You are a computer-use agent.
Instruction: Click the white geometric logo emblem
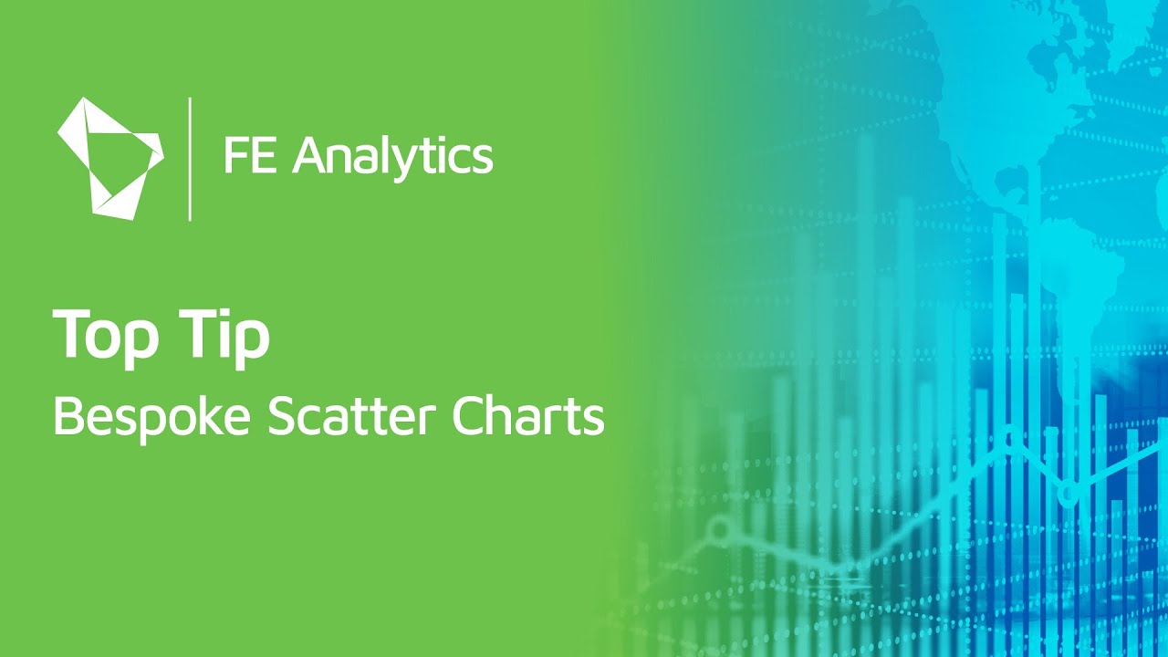tap(109, 158)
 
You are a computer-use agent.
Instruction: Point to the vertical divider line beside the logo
tap(190, 158)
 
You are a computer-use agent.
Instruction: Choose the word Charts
tap(528, 418)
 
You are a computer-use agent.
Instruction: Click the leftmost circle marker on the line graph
tap(721, 528)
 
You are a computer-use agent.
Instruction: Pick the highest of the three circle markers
tap(1008, 438)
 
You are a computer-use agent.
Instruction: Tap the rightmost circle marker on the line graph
tap(1068, 494)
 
